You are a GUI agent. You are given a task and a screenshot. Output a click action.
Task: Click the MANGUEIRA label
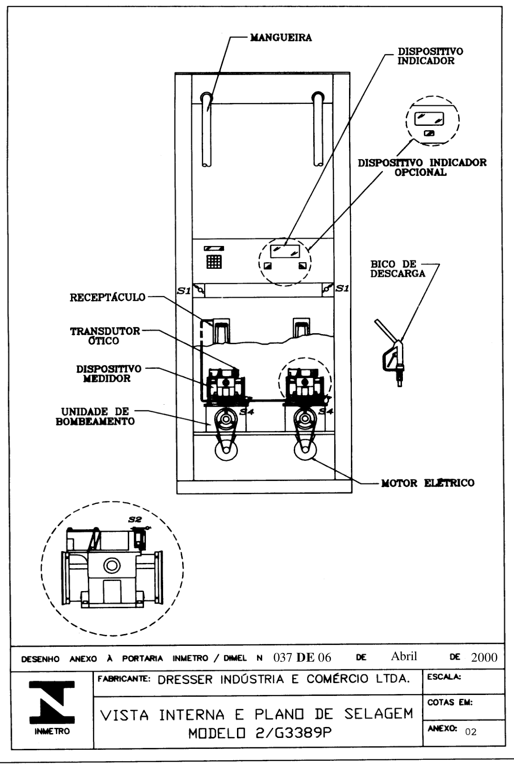pyautogui.click(x=281, y=37)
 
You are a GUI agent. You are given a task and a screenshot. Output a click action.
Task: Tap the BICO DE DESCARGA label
pyautogui.click(x=398, y=269)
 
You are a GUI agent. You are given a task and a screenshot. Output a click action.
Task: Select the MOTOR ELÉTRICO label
pyautogui.click(x=428, y=483)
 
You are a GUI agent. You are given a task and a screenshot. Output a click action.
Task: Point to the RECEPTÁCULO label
pyautogui.click(x=108, y=297)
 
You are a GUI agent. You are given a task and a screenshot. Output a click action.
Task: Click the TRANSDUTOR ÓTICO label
pyautogui.click(x=105, y=336)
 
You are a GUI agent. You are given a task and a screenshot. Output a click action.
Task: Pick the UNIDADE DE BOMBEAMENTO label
pyautogui.click(x=95, y=416)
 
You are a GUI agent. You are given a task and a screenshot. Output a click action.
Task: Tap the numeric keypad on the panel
pyautogui.click(x=214, y=262)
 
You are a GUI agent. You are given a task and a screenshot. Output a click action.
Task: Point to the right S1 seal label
pyautogui.click(x=342, y=288)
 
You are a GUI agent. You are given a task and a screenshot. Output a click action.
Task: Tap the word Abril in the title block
pyautogui.click(x=404, y=656)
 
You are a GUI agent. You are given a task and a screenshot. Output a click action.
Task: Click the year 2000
pyautogui.click(x=484, y=657)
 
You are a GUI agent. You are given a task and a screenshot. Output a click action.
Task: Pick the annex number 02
pyautogui.click(x=471, y=732)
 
